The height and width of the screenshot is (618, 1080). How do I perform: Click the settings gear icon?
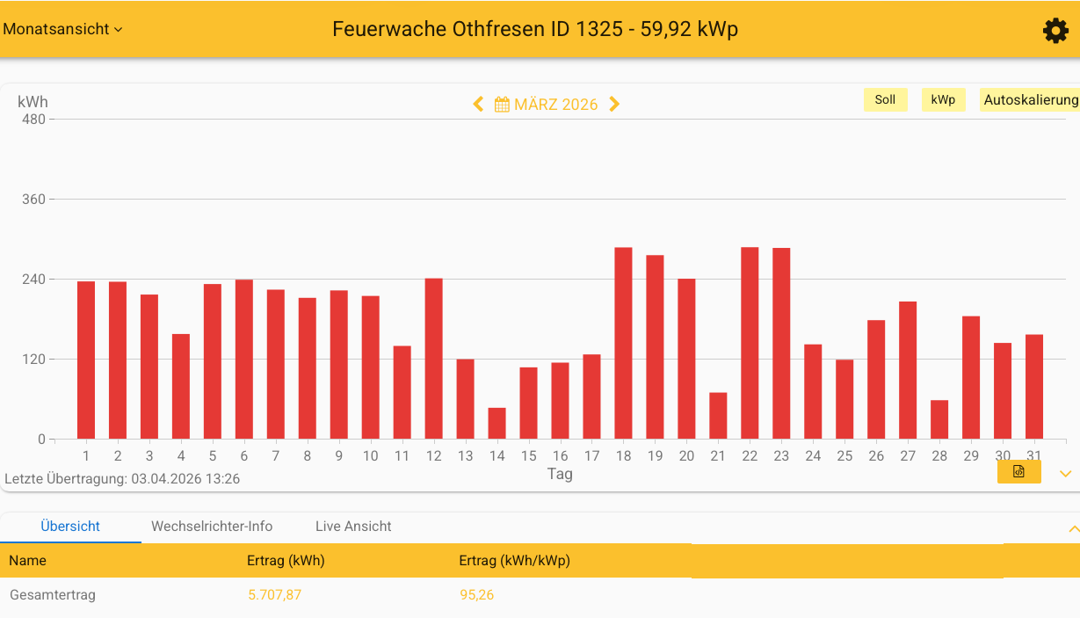pos(1055,31)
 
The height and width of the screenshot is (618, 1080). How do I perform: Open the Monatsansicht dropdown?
pos(62,29)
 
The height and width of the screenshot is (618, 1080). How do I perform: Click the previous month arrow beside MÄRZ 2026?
pos(478,104)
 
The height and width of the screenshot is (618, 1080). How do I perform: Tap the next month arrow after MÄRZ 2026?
pos(614,104)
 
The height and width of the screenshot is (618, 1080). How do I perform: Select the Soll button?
pos(885,99)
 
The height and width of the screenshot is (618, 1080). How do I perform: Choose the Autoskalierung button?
pos(1030,99)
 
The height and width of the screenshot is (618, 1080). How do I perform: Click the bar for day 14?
pos(497,424)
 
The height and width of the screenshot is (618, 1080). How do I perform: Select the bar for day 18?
pos(623,343)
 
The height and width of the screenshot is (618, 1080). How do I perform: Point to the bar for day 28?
pos(939,419)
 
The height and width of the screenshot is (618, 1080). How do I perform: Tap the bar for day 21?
pos(718,416)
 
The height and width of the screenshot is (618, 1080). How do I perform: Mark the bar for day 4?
pos(181,386)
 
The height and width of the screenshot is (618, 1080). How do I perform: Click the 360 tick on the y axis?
pos(33,200)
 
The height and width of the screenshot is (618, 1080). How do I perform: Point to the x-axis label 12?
pos(433,455)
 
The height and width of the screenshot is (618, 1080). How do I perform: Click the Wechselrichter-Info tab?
pos(212,527)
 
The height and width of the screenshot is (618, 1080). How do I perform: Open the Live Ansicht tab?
pos(353,527)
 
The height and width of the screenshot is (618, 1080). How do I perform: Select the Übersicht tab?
pos(70,527)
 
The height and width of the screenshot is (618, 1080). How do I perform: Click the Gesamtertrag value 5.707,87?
pos(274,595)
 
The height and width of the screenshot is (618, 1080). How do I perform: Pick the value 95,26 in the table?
pos(476,595)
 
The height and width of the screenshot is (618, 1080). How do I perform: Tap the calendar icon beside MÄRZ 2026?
pos(502,105)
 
